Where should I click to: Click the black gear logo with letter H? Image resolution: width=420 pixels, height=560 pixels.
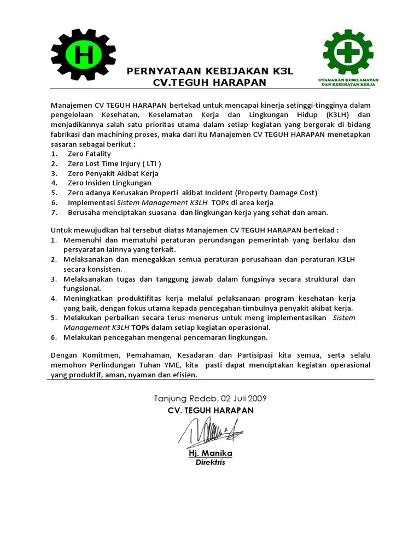coord(84,55)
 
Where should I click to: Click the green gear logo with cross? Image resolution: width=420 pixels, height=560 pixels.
coord(348,54)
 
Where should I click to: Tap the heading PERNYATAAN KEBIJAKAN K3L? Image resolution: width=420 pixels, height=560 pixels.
coord(211,71)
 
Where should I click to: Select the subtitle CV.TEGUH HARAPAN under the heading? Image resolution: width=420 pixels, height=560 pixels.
coord(210,82)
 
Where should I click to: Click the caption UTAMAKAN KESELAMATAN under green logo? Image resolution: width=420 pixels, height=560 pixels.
coord(349,80)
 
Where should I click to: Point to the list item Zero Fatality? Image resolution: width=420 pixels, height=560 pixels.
coord(89,154)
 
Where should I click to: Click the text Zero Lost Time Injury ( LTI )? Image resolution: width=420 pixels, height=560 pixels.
coord(114,164)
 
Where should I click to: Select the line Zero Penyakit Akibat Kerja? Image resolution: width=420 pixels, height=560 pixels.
coord(113,173)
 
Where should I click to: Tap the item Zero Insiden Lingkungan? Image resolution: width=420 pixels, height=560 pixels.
coord(109,183)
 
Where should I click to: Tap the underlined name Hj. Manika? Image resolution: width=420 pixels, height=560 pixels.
coord(210,453)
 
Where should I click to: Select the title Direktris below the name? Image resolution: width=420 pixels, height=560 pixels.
coord(210,463)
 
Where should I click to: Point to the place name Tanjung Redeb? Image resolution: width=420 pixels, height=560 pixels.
coord(183,398)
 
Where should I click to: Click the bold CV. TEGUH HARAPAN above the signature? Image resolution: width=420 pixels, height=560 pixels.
coord(211,410)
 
